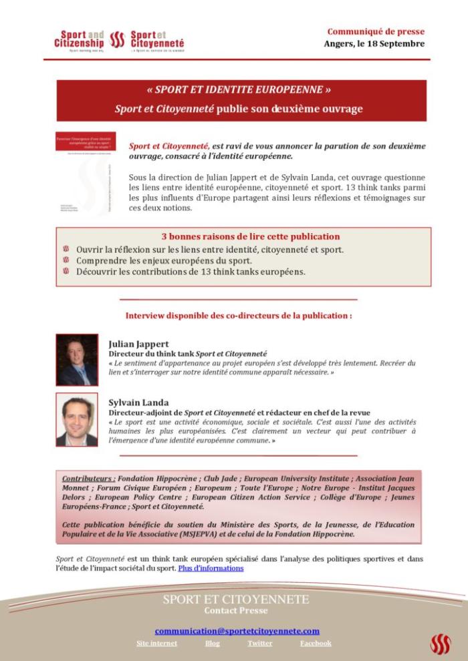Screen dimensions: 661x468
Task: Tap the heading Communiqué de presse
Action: pyautogui.click(x=375, y=31)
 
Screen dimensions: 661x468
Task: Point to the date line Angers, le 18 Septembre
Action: pyautogui.click(x=374, y=44)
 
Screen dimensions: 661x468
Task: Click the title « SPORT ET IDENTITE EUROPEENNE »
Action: pyautogui.click(x=239, y=89)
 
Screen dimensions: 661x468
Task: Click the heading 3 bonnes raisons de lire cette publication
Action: pyautogui.click(x=251, y=236)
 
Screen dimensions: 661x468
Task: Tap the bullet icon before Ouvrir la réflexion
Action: pyautogui.click(x=66, y=249)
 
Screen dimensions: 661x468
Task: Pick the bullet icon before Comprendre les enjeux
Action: pyautogui.click(x=66, y=260)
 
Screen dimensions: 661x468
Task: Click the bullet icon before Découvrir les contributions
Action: pyautogui.click(x=66, y=271)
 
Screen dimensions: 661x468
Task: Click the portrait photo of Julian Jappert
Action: pyautogui.click(x=77, y=359)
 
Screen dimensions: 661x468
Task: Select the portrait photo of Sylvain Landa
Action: pyautogui.click(x=77, y=420)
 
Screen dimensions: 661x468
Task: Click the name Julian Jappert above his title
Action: pyautogui.click(x=138, y=344)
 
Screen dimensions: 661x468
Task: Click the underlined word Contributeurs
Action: pyautogui.click(x=89, y=479)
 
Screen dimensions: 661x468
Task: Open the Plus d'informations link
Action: pyautogui.click(x=211, y=568)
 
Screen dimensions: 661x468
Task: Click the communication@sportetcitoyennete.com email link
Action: pyautogui.click(x=237, y=630)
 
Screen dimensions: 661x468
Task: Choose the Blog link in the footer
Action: pyautogui.click(x=212, y=643)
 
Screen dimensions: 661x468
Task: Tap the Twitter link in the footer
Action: pyautogui.click(x=259, y=643)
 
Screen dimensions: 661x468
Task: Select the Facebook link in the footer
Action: pyautogui.click(x=316, y=643)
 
